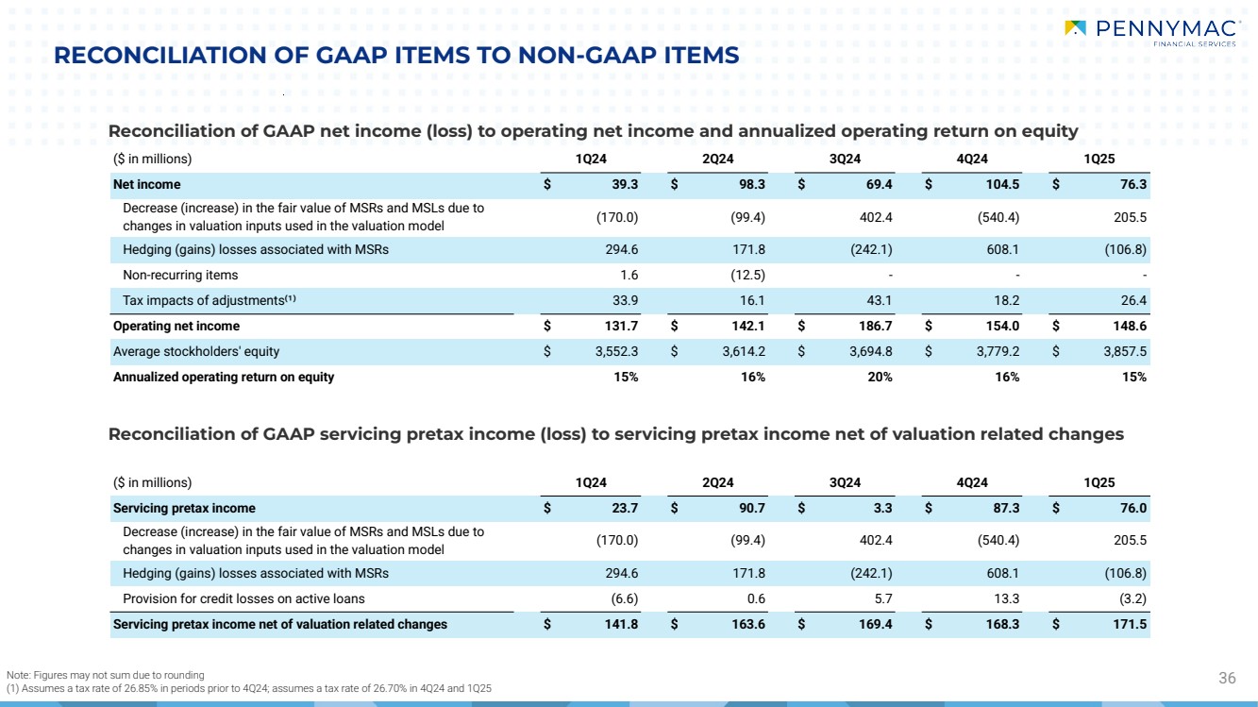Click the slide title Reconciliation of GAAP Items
[396, 57]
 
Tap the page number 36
[1227, 677]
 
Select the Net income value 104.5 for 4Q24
[998, 185]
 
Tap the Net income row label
[146, 185]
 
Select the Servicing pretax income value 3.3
[881, 508]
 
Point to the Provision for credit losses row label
[243, 598]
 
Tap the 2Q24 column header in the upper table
[718, 159]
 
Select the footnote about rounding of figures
[105, 674]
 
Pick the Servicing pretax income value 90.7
[749, 508]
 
